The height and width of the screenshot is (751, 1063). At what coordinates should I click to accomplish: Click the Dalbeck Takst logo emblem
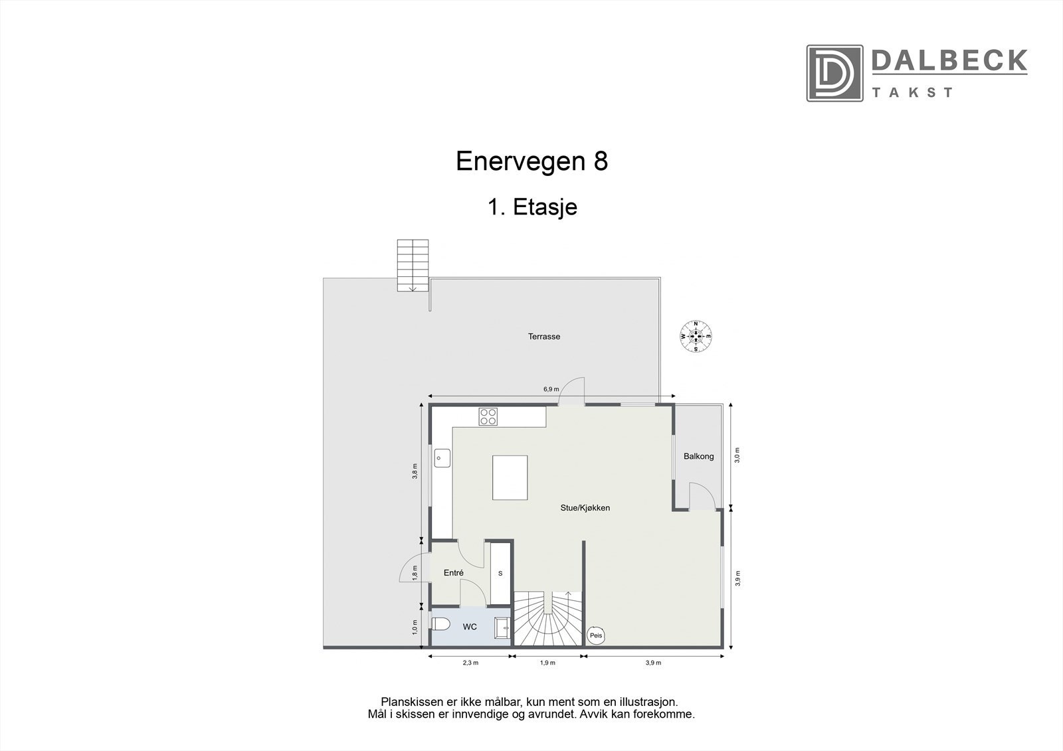(x=834, y=73)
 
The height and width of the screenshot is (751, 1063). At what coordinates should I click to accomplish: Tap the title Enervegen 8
(x=531, y=161)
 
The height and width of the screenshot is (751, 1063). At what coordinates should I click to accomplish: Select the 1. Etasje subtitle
(x=531, y=207)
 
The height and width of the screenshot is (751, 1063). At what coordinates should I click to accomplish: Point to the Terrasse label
(x=544, y=337)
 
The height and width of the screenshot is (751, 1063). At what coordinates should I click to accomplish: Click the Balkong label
(x=698, y=456)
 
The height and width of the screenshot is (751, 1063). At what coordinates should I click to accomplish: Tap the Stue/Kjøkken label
(x=584, y=508)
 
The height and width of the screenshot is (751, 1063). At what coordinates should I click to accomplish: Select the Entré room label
(x=453, y=572)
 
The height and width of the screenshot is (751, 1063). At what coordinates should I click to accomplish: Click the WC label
(x=470, y=627)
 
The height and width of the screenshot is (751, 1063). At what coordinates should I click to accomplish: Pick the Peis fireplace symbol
(x=596, y=635)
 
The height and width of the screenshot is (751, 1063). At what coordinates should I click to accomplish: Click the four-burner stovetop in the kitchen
(x=488, y=416)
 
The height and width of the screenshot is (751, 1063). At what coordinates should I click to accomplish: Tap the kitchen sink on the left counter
(x=442, y=458)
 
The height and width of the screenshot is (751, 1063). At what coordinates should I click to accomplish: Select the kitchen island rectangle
(x=510, y=477)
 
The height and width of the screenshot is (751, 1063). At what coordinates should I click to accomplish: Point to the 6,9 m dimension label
(x=551, y=389)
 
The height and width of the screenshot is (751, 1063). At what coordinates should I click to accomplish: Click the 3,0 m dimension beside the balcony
(x=737, y=455)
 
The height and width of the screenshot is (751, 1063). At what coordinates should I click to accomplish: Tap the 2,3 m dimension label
(x=470, y=663)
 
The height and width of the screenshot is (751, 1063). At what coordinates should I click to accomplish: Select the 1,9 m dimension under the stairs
(x=547, y=663)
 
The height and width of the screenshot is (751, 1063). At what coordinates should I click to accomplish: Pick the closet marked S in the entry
(x=500, y=573)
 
